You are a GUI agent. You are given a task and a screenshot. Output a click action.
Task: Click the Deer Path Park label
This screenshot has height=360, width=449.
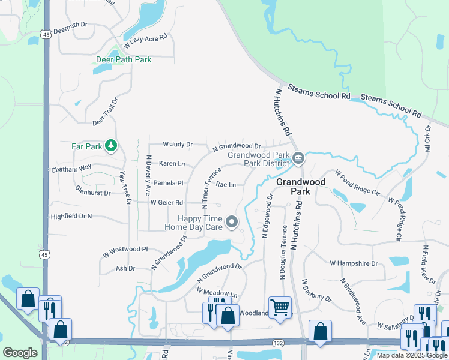[x=124, y=60]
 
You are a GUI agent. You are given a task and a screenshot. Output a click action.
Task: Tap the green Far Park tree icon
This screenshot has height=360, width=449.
[x=110, y=145]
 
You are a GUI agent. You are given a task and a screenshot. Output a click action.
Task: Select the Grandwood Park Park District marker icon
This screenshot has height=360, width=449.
[x=299, y=158]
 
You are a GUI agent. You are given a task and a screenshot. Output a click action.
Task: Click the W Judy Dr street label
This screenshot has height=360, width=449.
[x=178, y=145]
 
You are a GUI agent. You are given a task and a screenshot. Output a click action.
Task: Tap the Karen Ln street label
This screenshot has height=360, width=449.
[x=172, y=164]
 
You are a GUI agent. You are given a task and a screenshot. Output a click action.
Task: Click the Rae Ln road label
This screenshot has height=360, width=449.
[x=226, y=185]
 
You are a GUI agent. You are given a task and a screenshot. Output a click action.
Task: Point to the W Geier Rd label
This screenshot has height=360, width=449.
[x=166, y=203]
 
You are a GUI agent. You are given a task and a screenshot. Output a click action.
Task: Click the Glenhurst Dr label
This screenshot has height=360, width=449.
[x=93, y=193]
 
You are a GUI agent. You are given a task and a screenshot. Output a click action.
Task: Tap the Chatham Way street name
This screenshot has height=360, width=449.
[x=71, y=169]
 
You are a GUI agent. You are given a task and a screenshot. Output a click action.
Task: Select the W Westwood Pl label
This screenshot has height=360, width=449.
[x=125, y=249]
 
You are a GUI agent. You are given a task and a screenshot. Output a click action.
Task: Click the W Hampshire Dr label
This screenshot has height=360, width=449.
[x=354, y=263]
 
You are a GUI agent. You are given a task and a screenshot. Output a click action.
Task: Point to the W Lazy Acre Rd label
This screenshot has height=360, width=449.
[x=145, y=41]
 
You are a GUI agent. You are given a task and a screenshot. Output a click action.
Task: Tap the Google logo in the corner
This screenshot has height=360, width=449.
[x=20, y=353]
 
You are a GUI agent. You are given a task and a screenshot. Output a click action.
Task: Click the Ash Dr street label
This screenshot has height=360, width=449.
[x=125, y=268]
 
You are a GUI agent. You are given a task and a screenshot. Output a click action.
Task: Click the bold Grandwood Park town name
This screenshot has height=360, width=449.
[x=300, y=186]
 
